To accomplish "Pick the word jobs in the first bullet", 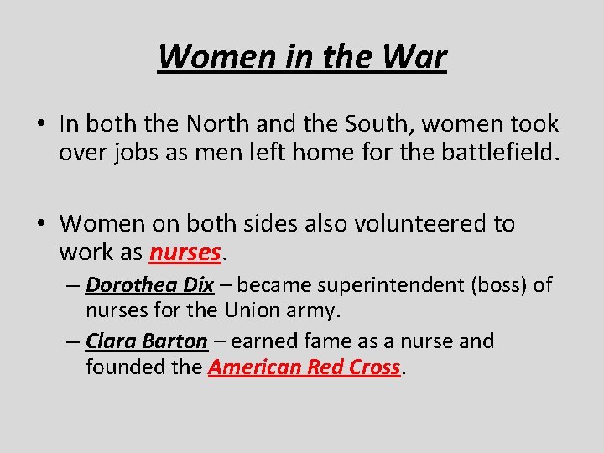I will coord(137,153).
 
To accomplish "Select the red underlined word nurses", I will coord(185,252).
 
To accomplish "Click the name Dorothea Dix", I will coord(149,285).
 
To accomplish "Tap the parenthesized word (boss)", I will coord(499,285).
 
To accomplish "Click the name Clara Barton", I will coord(146,341).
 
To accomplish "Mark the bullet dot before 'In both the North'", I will coord(40,125).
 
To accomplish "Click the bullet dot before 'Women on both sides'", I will coord(40,224).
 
